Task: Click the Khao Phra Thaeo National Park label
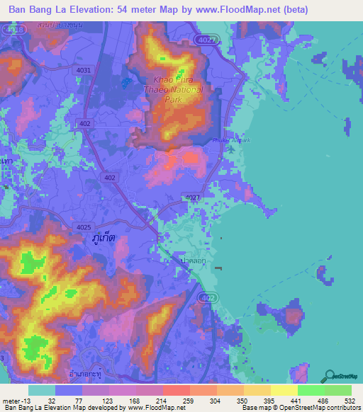pyautogui.click(x=178, y=90)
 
